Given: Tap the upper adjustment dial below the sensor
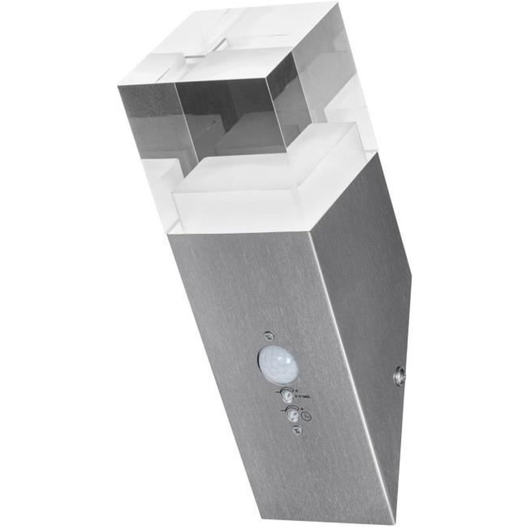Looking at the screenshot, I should point(287,394).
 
